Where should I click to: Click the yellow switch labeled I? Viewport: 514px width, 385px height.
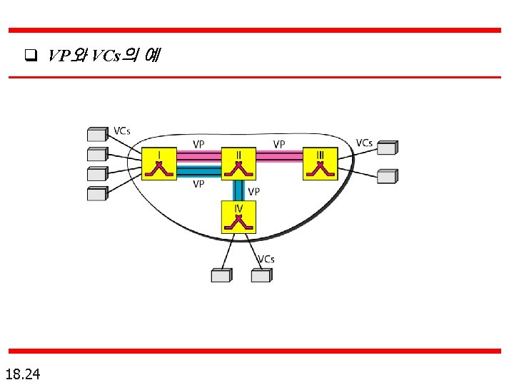pos(158,164)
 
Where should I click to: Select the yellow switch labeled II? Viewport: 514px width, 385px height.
pos(238,164)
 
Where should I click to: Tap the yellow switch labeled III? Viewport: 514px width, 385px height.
pos(319,164)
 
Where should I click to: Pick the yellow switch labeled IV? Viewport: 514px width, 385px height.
pos(238,217)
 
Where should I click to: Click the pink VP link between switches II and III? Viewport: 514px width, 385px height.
pos(279,157)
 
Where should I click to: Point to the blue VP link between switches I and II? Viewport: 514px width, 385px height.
pos(198,172)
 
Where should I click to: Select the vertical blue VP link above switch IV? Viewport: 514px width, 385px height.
pos(238,190)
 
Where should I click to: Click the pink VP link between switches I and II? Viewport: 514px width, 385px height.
pos(198,157)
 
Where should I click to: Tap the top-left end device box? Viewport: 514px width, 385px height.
pos(96,135)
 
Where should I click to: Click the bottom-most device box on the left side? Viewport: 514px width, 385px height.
pos(96,194)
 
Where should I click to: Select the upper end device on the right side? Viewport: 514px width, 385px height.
pos(387,148)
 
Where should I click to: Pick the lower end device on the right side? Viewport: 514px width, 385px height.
pos(387,176)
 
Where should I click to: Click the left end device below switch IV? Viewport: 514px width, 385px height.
pos(221,275)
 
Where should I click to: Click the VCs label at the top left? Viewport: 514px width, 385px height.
pos(122,131)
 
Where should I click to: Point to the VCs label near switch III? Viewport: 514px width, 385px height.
pos(364,143)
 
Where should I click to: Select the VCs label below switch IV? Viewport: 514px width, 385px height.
pos(266,260)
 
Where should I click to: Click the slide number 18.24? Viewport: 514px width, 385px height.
pos(23,374)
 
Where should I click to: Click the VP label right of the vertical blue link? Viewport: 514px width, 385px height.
pos(253,192)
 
